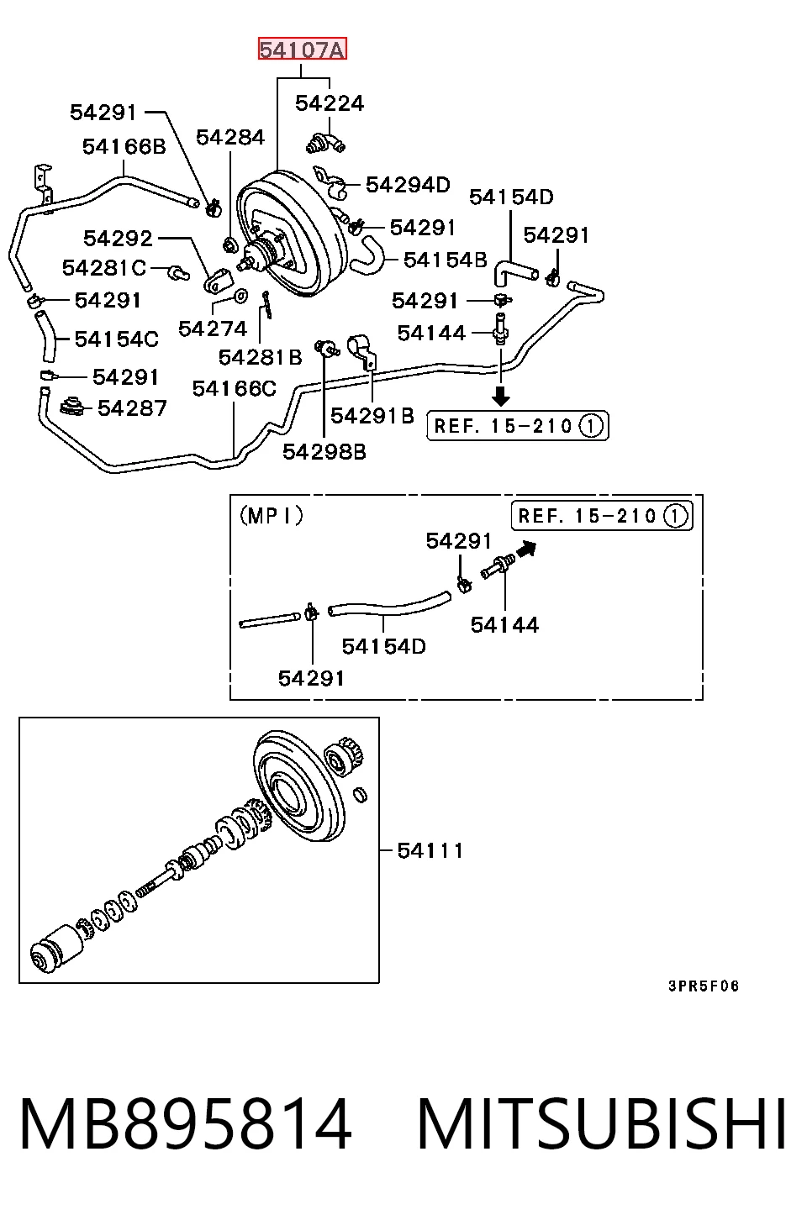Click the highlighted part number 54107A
(302, 50)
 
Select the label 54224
(330, 103)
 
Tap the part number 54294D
(409, 185)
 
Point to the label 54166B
(124, 146)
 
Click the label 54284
(230, 137)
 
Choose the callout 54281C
(104, 268)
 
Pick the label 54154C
(117, 339)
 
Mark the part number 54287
(133, 408)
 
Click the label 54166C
(235, 388)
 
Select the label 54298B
(324, 451)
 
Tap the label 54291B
(372, 416)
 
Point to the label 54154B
(446, 260)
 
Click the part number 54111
(430, 850)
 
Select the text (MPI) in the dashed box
(272, 515)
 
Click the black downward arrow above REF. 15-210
(501, 396)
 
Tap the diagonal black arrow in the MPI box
(526, 549)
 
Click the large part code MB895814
(186, 1123)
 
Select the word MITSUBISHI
(602, 1123)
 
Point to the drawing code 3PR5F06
(704, 986)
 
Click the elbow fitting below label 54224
(325, 143)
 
